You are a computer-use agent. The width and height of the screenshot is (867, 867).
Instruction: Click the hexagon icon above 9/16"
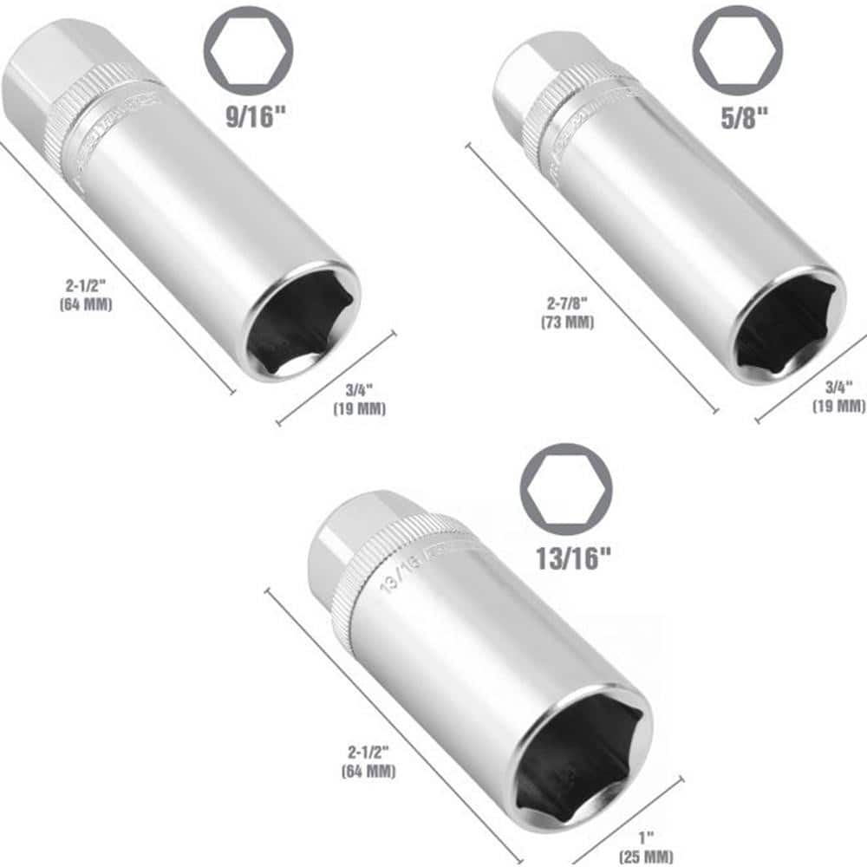point(248,50)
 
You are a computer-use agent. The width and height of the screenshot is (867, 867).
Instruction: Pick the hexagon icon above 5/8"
point(737,49)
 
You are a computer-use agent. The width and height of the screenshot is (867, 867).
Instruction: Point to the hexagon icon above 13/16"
point(565,489)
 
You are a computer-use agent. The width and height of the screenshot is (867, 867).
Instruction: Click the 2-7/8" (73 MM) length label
point(568,312)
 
